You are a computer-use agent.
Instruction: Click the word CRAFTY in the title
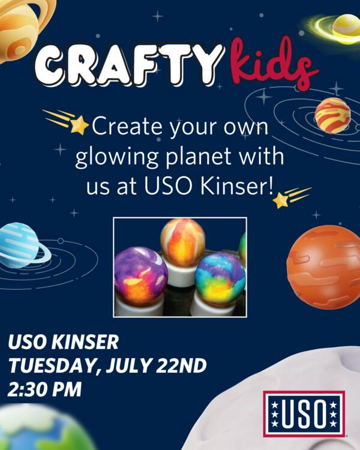[128, 65]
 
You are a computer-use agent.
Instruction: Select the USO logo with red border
[304, 414]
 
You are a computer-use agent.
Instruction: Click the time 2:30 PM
[45, 389]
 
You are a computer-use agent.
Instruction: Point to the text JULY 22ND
[156, 365]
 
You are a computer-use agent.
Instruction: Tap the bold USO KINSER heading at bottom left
[64, 342]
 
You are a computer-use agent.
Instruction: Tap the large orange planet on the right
[323, 267]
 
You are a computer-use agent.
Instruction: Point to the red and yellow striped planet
[332, 115]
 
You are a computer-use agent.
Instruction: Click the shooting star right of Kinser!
[291, 197]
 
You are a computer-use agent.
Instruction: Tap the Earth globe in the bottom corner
[40, 428]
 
